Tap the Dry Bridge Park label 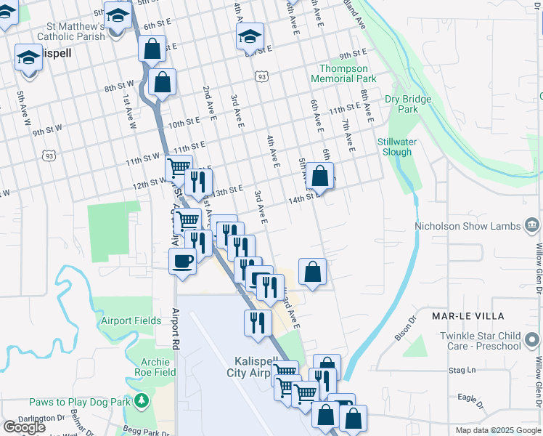click(408, 104)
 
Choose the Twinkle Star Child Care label click(480, 341)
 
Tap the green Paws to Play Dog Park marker click(143, 400)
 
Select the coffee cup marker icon click(182, 260)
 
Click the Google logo click(24, 427)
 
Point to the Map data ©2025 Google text click(497, 430)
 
